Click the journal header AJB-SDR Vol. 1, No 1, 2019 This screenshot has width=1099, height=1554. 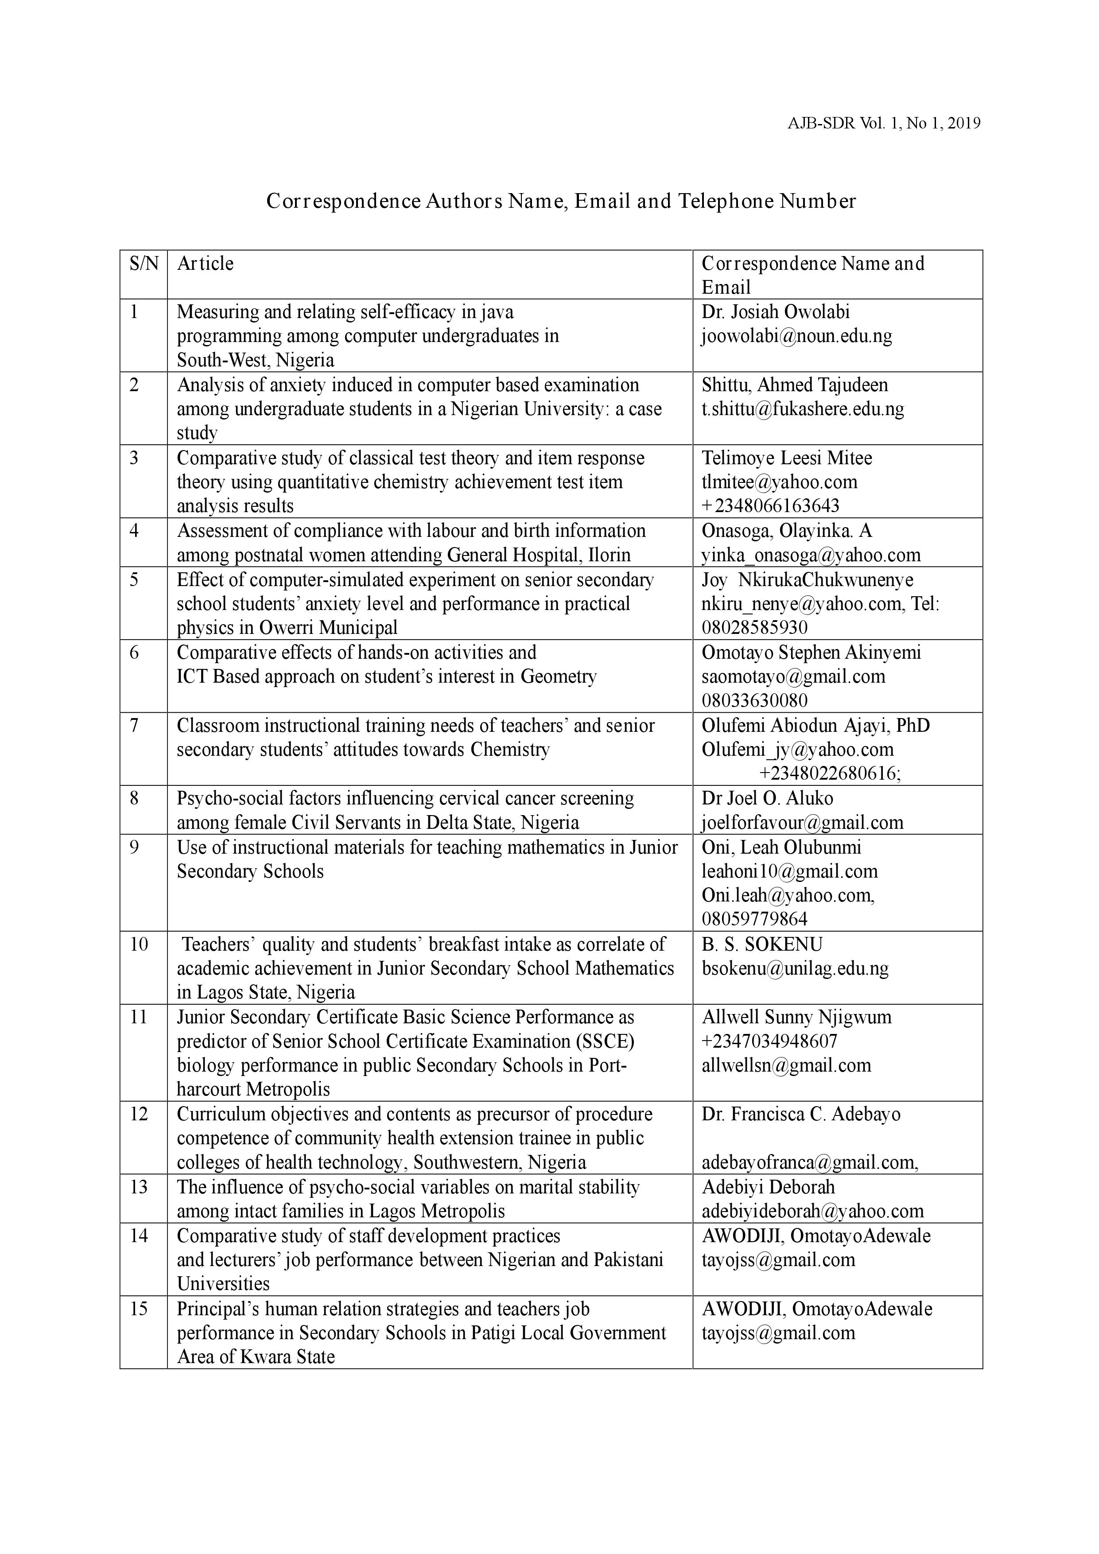(x=884, y=123)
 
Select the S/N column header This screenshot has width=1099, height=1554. (x=144, y=263)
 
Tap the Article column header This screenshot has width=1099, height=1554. (x=205, y=263)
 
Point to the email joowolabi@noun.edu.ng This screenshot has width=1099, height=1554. (x=796, y=336)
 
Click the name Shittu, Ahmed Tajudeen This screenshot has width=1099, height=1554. (x=795, y=385)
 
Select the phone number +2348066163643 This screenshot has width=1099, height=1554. (x=770, y=505)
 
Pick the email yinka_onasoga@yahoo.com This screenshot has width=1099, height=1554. (x=811, y=555)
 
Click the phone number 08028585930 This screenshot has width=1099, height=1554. (x=754, y=627)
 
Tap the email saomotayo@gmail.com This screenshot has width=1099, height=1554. (x=793, y=676)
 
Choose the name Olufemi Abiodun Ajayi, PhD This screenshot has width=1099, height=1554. (x=816, y=726)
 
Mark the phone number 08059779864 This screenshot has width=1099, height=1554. (x=754, y=919)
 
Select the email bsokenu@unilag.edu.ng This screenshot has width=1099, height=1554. (x=795, y=968)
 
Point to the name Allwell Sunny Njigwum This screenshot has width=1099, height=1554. (x=796, y=1017)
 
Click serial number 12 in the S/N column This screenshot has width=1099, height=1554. (x=139, y=1114)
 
